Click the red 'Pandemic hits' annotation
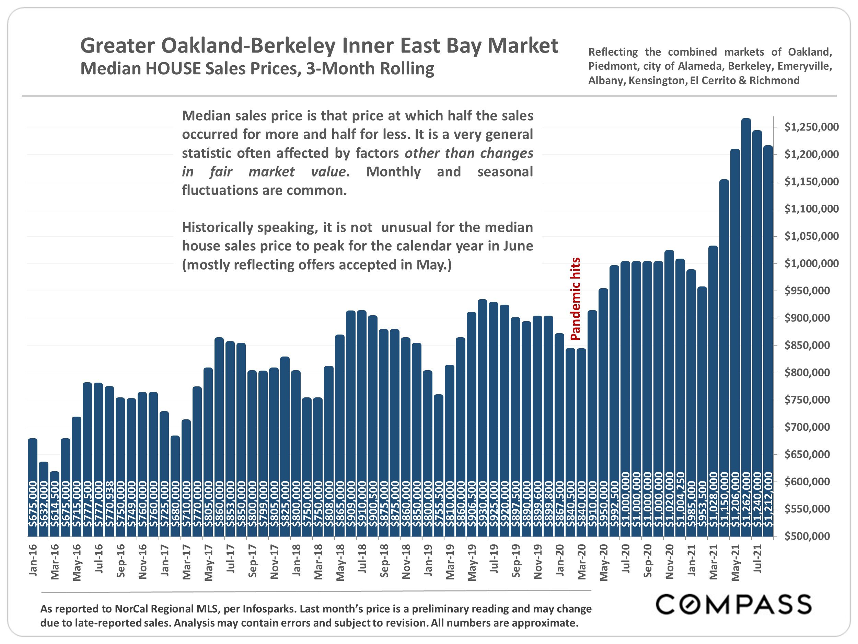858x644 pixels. click(576, 299)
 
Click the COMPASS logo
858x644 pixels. click(733, 605)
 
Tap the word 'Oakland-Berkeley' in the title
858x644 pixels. click(248, 46)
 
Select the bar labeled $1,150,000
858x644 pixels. click(724, 357)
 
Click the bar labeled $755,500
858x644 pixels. click(439, 466)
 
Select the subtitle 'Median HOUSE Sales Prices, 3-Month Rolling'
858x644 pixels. click(257, 69)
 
